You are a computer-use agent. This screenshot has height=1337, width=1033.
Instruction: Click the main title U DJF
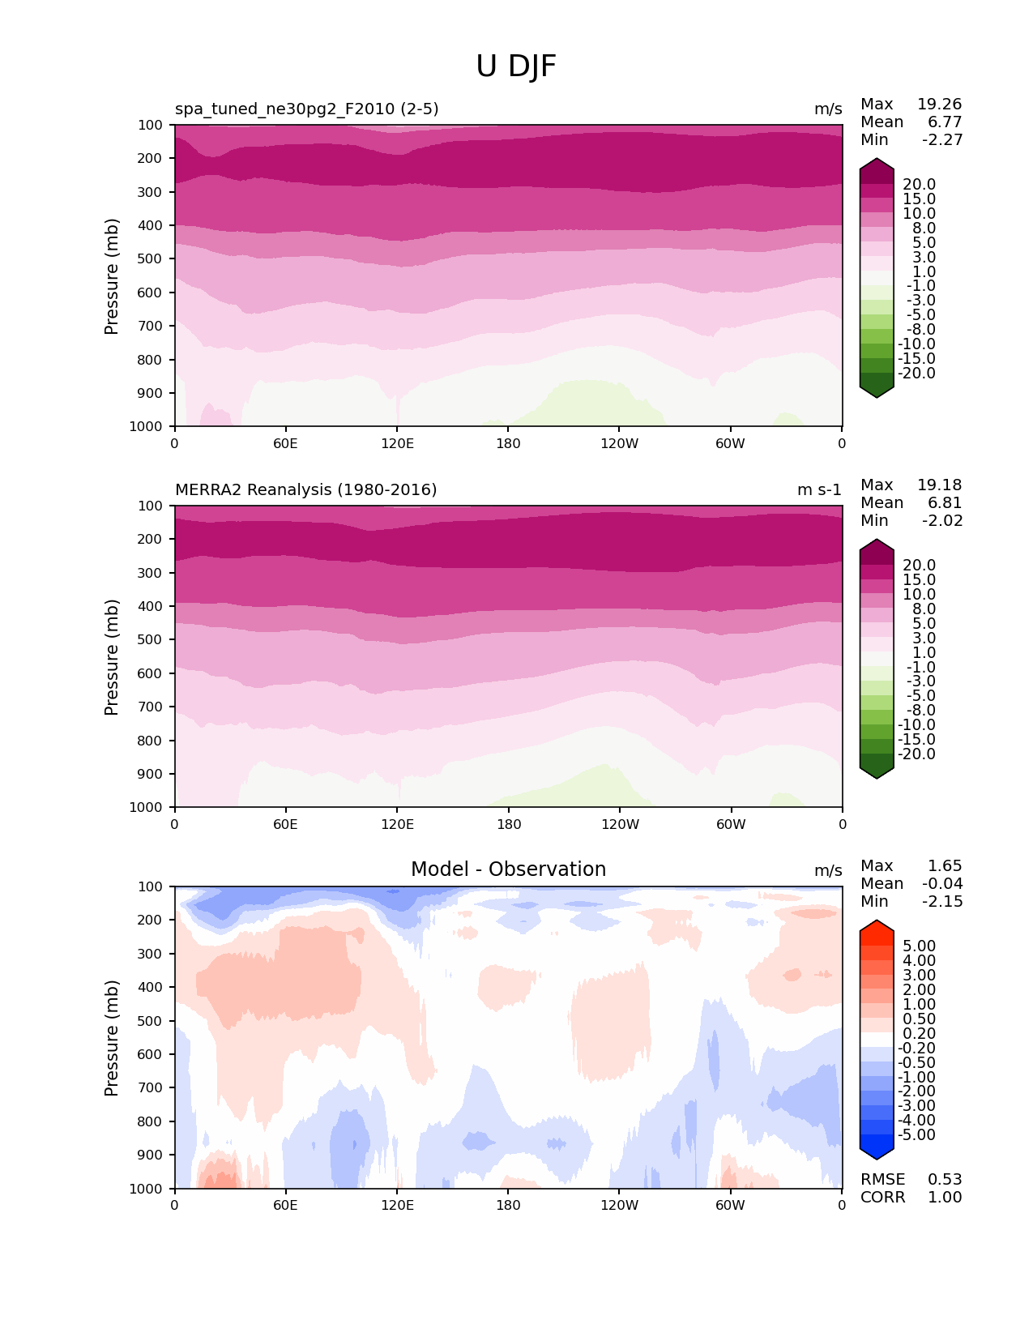516,66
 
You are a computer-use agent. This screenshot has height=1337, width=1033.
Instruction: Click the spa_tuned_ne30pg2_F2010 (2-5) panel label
307,109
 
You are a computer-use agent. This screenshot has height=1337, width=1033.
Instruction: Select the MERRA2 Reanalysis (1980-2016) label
306,489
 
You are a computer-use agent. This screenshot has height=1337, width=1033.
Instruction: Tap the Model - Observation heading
508,869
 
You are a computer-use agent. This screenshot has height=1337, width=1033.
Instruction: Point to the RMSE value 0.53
945,1179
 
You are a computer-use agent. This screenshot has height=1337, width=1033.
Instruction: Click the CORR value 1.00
945,1197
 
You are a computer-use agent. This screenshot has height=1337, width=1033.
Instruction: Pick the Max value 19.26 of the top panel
939,104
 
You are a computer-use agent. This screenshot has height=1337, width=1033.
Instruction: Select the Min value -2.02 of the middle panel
942,520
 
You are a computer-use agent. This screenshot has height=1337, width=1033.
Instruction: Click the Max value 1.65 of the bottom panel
945,865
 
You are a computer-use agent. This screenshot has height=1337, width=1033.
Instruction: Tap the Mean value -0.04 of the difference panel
942,883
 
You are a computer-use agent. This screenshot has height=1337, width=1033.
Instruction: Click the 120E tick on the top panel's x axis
398,443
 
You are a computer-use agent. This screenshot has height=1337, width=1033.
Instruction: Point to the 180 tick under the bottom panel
508,1205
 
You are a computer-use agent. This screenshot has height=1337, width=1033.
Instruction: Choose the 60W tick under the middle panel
731,824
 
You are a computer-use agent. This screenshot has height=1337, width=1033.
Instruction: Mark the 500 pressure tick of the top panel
152,258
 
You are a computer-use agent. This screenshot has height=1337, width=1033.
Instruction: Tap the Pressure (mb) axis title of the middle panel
112,657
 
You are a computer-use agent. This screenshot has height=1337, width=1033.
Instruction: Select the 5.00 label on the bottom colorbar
919,946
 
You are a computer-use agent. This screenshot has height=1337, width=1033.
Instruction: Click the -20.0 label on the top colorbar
918,373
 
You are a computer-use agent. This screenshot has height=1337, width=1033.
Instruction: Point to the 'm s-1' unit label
819,489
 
